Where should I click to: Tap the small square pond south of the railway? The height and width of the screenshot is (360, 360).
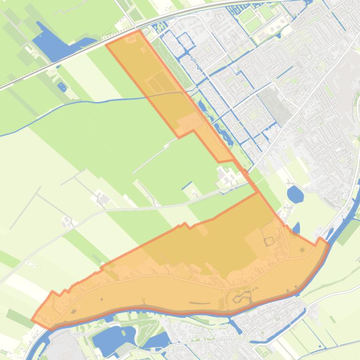pos(62,86)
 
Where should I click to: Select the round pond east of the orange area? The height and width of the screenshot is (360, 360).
pos(295,194)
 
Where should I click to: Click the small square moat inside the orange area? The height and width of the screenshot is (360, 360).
pos(269,242)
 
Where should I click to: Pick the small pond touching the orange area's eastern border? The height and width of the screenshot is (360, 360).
pos(296,229)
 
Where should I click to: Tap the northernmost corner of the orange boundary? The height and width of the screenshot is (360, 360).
pos(140,31)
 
